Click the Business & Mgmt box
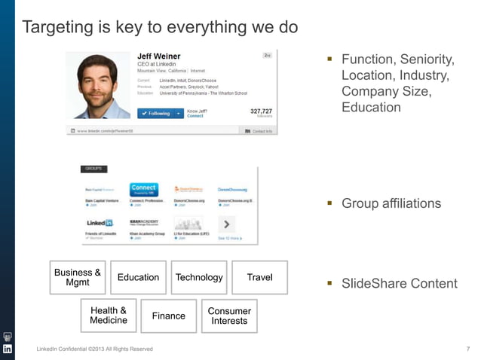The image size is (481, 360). coord(78,277)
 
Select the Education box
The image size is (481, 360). coord(138,277)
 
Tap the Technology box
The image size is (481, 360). coord(199,277)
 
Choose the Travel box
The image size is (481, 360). coord(259,277)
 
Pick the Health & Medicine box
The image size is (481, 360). coord(108,316)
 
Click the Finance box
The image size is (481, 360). coord(168,316)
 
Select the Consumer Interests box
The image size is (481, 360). coord(229,316)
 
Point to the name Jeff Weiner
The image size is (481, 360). coord(158,56)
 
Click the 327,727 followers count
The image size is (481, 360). coord(261,111)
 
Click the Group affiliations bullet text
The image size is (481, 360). coord(391,203)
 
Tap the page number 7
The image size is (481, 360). coord(468,349)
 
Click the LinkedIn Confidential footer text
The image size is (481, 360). coord(95,349)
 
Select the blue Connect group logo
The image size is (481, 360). coord(143,189)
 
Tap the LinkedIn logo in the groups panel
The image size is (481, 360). coord(100,224)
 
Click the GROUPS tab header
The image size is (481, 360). coord(95,169)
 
